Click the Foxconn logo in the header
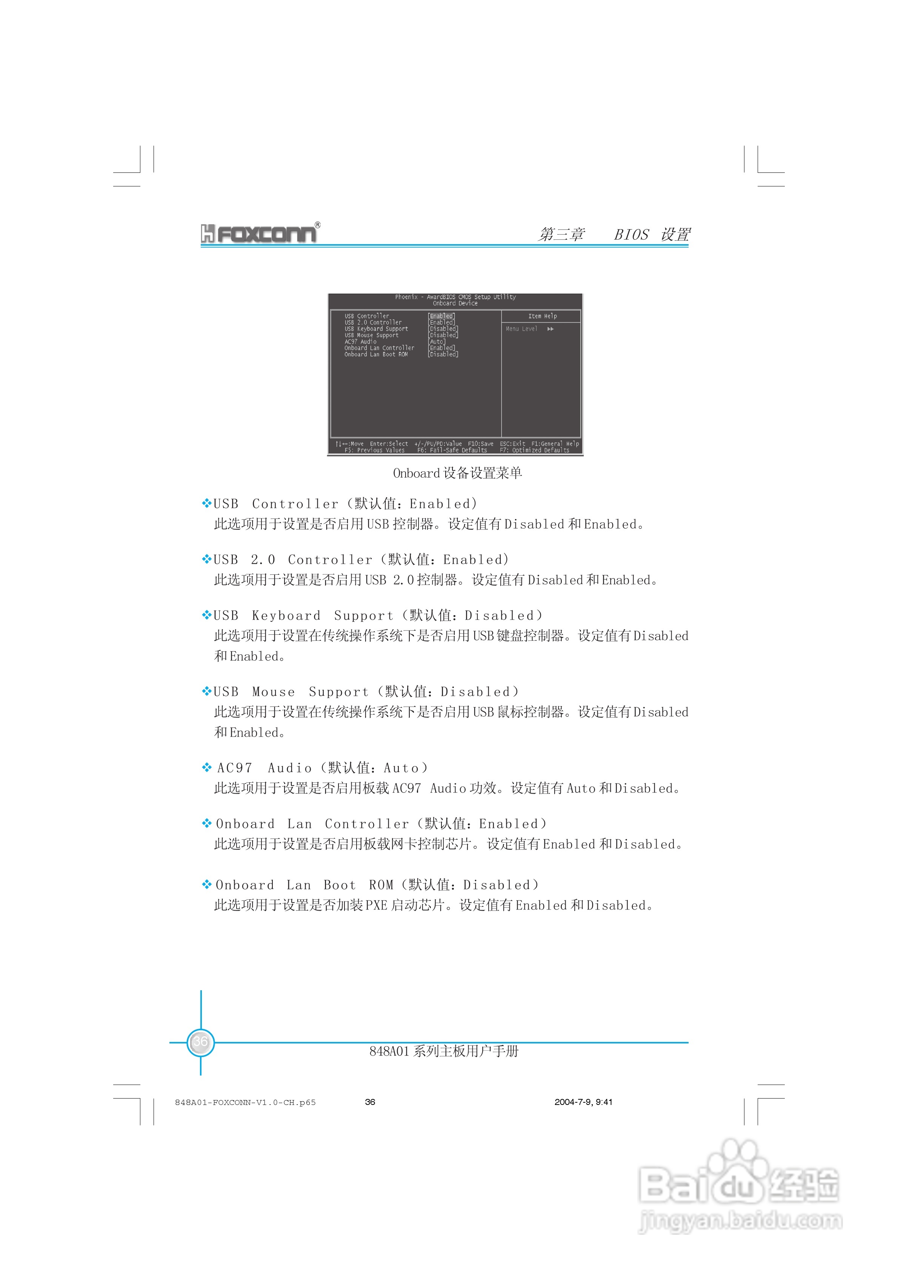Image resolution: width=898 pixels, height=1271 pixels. (259, 234)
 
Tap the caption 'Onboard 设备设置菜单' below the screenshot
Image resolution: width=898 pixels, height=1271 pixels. (457, 473)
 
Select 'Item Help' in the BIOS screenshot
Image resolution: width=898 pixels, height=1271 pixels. (542, 316)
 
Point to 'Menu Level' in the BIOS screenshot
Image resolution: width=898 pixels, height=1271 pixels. (521, 329)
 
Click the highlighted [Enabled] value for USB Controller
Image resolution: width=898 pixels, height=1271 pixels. (441, 316)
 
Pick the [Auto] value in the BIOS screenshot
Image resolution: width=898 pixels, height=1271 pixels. (437, 342)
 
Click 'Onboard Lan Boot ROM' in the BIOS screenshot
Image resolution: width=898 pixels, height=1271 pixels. (376, 354)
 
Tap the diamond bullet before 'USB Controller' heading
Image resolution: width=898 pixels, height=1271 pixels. (206, 503)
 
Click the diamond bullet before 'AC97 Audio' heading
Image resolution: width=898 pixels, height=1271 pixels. (206, 767)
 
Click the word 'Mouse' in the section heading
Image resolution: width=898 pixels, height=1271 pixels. (274, 692)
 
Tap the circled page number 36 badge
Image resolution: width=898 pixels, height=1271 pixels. (200, 1042)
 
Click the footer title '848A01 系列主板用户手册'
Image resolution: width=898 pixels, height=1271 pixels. (443, 1051)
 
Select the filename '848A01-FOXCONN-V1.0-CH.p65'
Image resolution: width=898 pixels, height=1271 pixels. (245, 1102)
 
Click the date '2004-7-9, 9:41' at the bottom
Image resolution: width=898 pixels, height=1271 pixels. (583, 1102)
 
